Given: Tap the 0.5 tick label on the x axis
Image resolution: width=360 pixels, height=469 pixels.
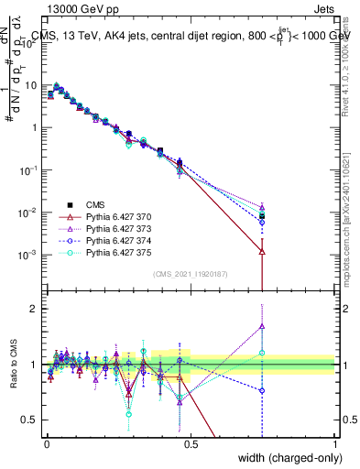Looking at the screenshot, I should tap(191, 444).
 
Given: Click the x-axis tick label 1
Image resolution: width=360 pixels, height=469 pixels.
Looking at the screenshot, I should tap(335, 444).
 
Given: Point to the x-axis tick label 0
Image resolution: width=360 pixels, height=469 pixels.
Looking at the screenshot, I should tap(47, 444).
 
